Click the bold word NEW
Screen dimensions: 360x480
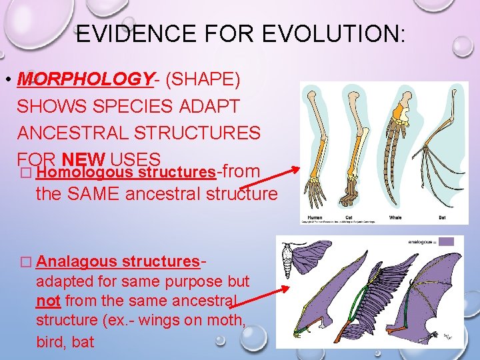click(x=83, y=159)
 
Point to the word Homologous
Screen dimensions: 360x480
click(x=73, y=173)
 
